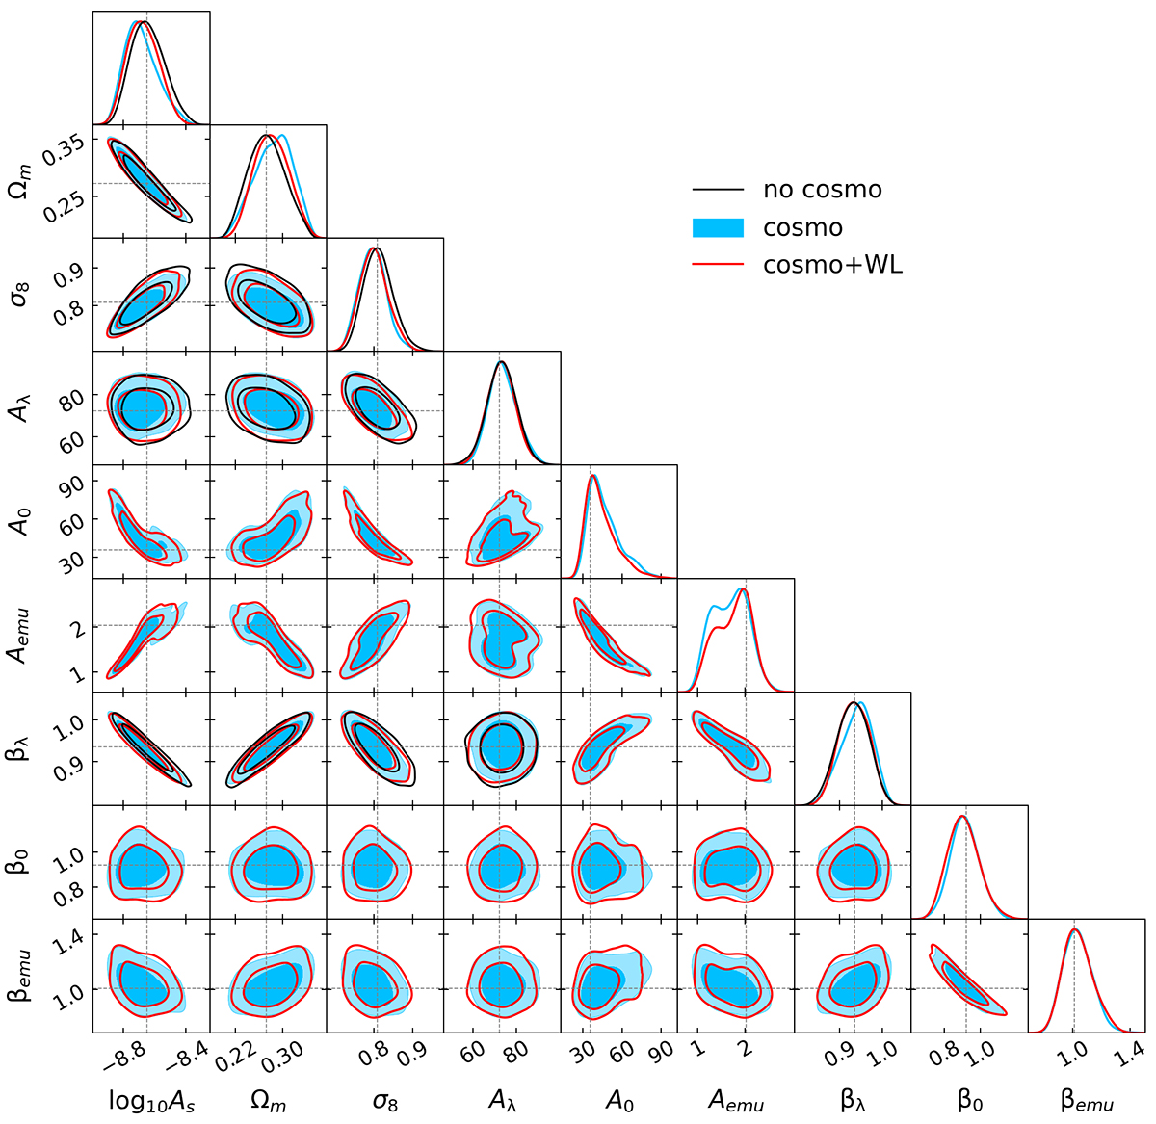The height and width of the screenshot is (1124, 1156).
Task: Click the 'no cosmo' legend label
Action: point(822,190)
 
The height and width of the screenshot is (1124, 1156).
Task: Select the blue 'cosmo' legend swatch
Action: point(719,228)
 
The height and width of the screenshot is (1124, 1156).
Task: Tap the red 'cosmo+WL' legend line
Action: point(719,266)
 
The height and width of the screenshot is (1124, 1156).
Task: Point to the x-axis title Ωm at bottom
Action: point(267,1099)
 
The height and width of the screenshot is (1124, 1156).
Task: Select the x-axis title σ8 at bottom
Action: point(384,1099)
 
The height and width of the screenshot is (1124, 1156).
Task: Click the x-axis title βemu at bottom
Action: point(1087,1099)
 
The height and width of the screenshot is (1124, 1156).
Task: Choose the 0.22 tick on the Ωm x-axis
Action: point(234,1058)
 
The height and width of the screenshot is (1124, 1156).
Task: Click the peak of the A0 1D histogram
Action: point(593,476)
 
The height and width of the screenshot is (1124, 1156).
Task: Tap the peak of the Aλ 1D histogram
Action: point(501,362)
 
